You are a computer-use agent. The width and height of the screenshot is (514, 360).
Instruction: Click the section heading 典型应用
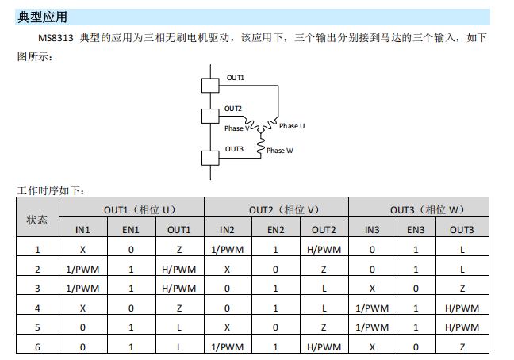click(42, 17)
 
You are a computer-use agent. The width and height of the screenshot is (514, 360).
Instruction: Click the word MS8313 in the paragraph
click(56, 38)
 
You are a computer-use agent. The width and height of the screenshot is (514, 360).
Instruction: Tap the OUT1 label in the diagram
click(236, 78)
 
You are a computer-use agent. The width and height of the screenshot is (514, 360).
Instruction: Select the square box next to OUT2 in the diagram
click(210, 116)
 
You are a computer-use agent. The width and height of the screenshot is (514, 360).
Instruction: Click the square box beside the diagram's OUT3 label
click(210, 158)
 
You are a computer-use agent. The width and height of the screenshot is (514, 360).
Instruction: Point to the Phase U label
click(292, 126)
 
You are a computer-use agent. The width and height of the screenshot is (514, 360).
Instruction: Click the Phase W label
click(280, 151)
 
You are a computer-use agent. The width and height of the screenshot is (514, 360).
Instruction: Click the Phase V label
click(236, 128)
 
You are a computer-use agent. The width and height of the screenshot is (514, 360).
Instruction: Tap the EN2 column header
click(276, 230)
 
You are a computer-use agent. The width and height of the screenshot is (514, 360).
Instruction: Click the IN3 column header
click(372, 230)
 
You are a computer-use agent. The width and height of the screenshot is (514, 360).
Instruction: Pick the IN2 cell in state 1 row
click(228, 250)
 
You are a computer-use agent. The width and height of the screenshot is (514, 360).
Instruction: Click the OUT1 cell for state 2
click(179, 270)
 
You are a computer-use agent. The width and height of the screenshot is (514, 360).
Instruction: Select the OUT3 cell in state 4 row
click(462, 308)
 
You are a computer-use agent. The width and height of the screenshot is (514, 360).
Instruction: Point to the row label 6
click(37, 347)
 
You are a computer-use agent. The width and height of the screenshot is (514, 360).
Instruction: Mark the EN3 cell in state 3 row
click(416, 289)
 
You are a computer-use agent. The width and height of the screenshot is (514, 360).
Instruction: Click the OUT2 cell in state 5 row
click(324, 327)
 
